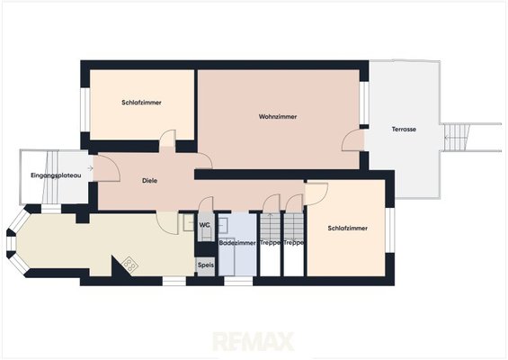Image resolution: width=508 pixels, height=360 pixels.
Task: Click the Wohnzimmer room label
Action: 278,117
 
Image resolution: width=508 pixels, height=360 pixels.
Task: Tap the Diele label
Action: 149,181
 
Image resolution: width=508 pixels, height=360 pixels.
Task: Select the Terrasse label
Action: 404,129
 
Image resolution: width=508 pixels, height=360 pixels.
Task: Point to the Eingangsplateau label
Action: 56,175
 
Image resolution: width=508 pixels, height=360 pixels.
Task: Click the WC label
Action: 204,225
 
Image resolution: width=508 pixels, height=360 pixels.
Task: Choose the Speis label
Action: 206,265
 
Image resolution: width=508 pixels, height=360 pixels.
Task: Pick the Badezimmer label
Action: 237,243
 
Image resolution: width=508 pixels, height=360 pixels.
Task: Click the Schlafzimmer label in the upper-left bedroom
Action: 141,103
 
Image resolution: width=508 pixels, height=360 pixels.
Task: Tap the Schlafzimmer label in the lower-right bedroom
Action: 348,229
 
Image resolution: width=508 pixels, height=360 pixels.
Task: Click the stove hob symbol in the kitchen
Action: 130,264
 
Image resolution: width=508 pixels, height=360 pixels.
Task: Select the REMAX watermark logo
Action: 254,342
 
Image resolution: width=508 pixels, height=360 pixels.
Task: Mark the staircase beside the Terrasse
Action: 457,137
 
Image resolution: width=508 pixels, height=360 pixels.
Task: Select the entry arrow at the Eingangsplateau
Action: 91,168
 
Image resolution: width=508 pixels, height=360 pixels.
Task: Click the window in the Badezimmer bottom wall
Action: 238,281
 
